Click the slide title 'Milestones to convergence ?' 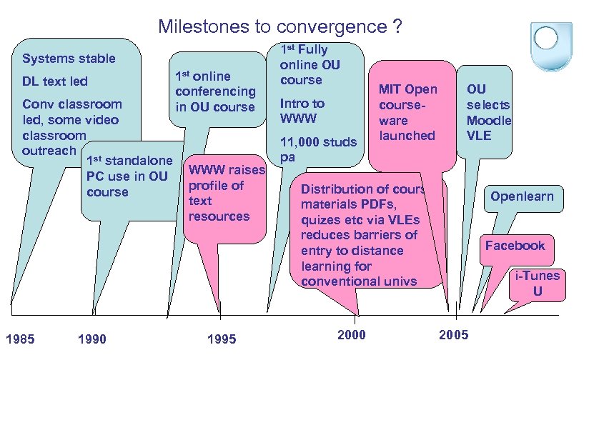(x=280, y=27)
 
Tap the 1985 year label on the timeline (x=19, y=339)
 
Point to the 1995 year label (x=221, y=339)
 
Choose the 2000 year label (x=350, y=335)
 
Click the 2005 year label (x=454, y=335)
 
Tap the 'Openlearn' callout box (x=522, y=196)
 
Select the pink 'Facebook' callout (x=515, y=246)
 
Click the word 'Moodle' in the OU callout (x=489, y=120)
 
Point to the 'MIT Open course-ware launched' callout (x=407, y=111)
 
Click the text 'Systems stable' (x=69, y=59)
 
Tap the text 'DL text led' (x=55, y=81)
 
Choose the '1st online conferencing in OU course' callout (x=215, y=91)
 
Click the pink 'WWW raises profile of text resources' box (x=225, y=193)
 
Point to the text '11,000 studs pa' (x=317, y=149)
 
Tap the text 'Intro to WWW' (x=302, y=110)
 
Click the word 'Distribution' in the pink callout (x=335, y=189)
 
